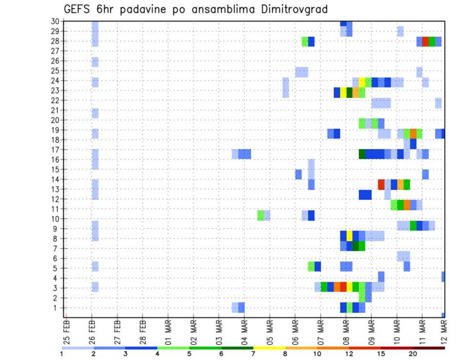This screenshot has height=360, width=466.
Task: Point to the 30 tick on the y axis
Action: tap(55, 21)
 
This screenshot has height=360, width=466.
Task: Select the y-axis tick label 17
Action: tap(55, 149)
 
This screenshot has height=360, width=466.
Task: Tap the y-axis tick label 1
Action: tap(57, 308)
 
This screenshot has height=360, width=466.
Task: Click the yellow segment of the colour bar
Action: tap(269, 348)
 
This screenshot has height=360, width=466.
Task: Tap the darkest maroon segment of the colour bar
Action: tap(429, 348)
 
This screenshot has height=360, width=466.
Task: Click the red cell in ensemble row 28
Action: tap(425, 42)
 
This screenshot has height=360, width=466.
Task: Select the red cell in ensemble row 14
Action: tap(381, 184)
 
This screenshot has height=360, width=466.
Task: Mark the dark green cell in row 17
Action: tap(362, 154)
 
